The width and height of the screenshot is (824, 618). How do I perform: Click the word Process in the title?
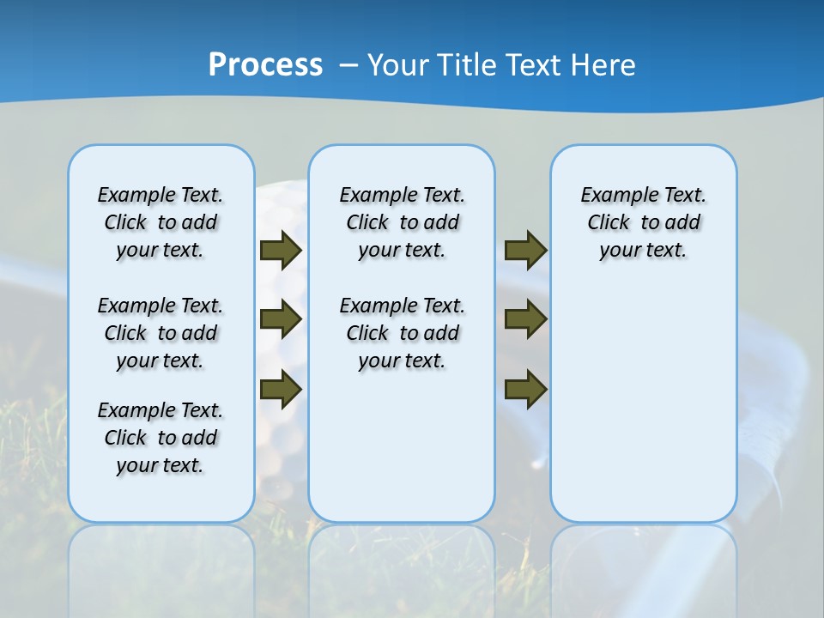pos(265,65)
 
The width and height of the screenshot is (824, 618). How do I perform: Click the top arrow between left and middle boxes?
pos(280,250)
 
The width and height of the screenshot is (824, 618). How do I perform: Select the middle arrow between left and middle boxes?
pos(280,319)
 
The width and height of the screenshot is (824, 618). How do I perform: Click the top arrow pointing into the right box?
pos(525,250)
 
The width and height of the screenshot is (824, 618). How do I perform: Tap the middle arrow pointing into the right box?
pos(525,319)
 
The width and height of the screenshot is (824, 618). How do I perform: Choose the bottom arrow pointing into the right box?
pos(525,390)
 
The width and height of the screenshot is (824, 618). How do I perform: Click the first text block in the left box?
pos(161,222)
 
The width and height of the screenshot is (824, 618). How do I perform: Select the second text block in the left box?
pos(161,333)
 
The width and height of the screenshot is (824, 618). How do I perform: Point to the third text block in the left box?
pos(161,438)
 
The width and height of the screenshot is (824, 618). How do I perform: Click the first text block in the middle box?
pos(402,222)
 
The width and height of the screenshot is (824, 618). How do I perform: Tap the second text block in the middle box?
pos(402,333)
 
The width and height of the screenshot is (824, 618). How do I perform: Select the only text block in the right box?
pos(644,222)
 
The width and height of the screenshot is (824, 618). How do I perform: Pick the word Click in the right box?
pos(609,223)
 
